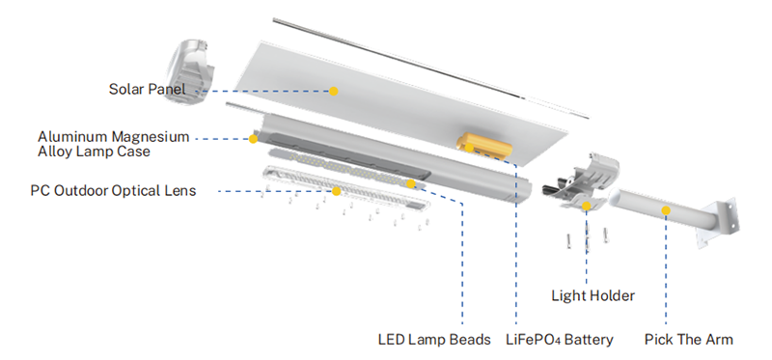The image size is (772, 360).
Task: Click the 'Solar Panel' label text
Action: [148, 89]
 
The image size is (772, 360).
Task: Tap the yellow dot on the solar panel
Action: [334, 91]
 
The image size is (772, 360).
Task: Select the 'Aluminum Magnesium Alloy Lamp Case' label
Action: [113, 144]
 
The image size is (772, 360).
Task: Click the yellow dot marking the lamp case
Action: [253, 139]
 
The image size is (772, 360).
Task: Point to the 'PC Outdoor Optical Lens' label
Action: [113, 190]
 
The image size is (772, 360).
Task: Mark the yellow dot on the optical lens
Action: [336, 191]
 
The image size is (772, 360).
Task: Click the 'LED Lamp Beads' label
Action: [434, 340]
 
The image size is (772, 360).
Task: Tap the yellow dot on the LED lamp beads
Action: [411, 183]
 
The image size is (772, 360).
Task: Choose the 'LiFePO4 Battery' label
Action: [560, 340]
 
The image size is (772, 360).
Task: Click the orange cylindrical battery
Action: [484, 145]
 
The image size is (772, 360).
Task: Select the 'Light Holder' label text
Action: [593, 295]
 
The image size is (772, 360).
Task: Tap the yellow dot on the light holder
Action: [587, 206]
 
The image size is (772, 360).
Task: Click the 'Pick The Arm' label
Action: [689, 340]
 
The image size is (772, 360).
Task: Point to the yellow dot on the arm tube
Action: [666, 210]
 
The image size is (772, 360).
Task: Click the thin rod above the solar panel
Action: [430, 68]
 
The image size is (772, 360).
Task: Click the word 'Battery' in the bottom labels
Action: [589, 340]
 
